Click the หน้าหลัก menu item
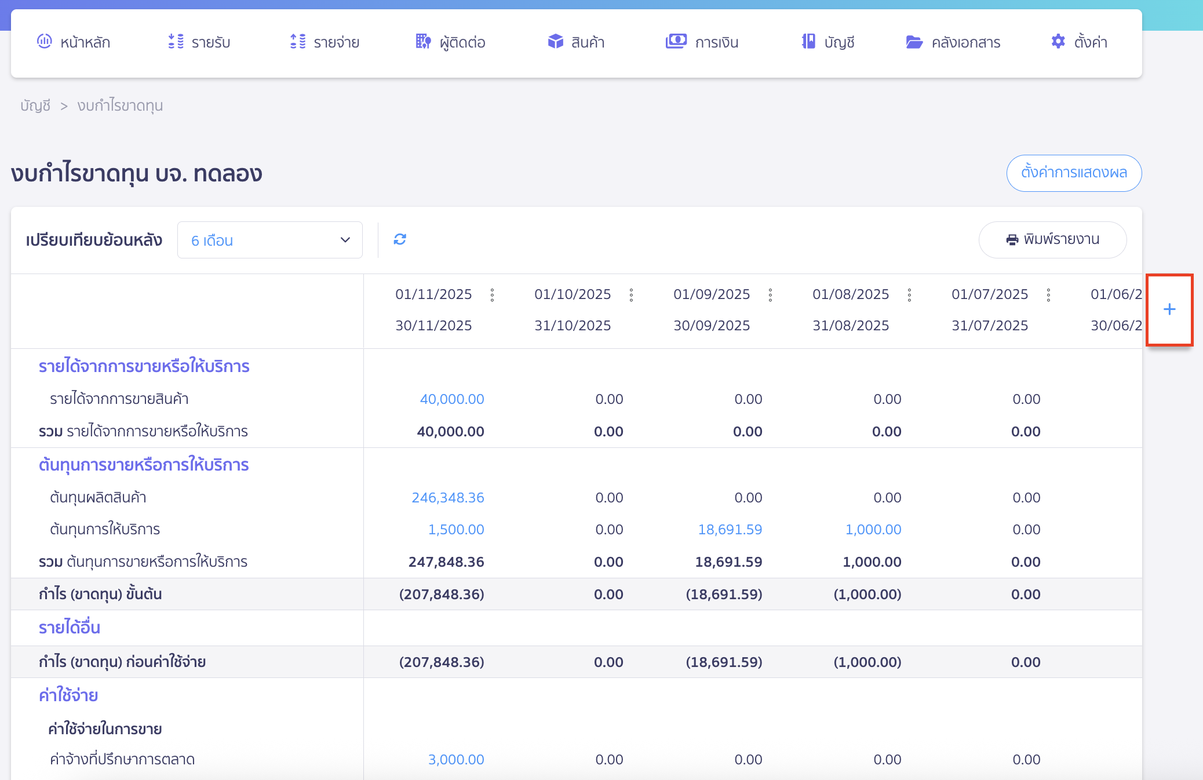point(74,42)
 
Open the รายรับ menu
point(199,42)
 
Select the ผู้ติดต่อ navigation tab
point(450,42)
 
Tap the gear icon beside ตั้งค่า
point(1058,42)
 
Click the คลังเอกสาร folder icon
point(914,42)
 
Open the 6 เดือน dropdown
point(270,240)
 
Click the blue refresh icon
point(400,239)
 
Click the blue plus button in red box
point(1169,309)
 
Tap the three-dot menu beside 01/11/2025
point(492,295)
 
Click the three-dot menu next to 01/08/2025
point(909,295)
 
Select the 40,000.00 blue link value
point(452,399)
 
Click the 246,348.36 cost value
point(448,498)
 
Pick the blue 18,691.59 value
point(730,530)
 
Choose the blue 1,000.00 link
point(873,530)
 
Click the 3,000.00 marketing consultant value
point(456,760)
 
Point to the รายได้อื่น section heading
point(70,628)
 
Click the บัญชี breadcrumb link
point(35,105)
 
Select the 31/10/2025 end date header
point(573,326)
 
